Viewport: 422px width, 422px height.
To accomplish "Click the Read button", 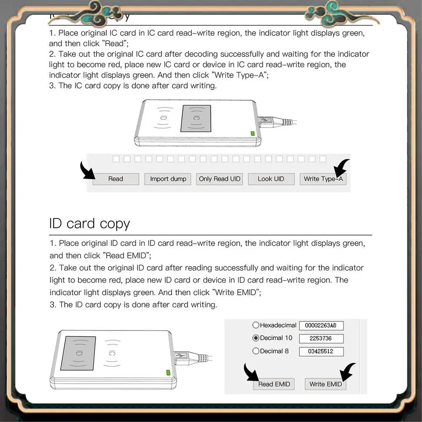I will point(116,179).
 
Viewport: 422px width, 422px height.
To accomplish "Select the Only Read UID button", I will point(219,179).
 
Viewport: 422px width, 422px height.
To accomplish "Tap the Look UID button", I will point(271,179).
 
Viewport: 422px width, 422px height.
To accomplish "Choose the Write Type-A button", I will point(323,179).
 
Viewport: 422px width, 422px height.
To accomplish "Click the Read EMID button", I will point(274,384).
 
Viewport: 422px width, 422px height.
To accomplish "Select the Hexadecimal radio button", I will point(255,325).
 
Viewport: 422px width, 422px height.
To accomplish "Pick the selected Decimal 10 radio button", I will point(255,338).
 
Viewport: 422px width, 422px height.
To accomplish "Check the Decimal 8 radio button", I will point(255,351).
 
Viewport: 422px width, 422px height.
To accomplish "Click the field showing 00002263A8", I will point(321,325).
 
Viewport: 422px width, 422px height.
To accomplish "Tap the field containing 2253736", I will point(321,339).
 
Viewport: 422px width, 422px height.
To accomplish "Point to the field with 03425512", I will point(321,352).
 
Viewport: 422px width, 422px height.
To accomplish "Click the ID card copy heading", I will point(89,223).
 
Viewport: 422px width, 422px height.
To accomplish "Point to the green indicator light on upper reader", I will point(253,134).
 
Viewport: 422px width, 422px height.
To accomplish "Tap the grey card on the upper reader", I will point(196,118).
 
